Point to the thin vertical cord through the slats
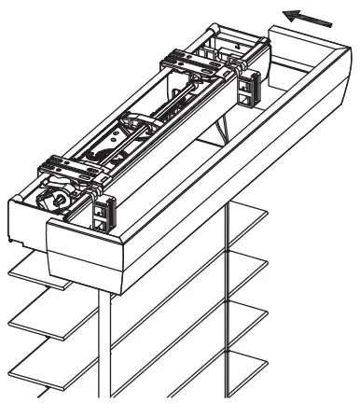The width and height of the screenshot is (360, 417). click(227, 308)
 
